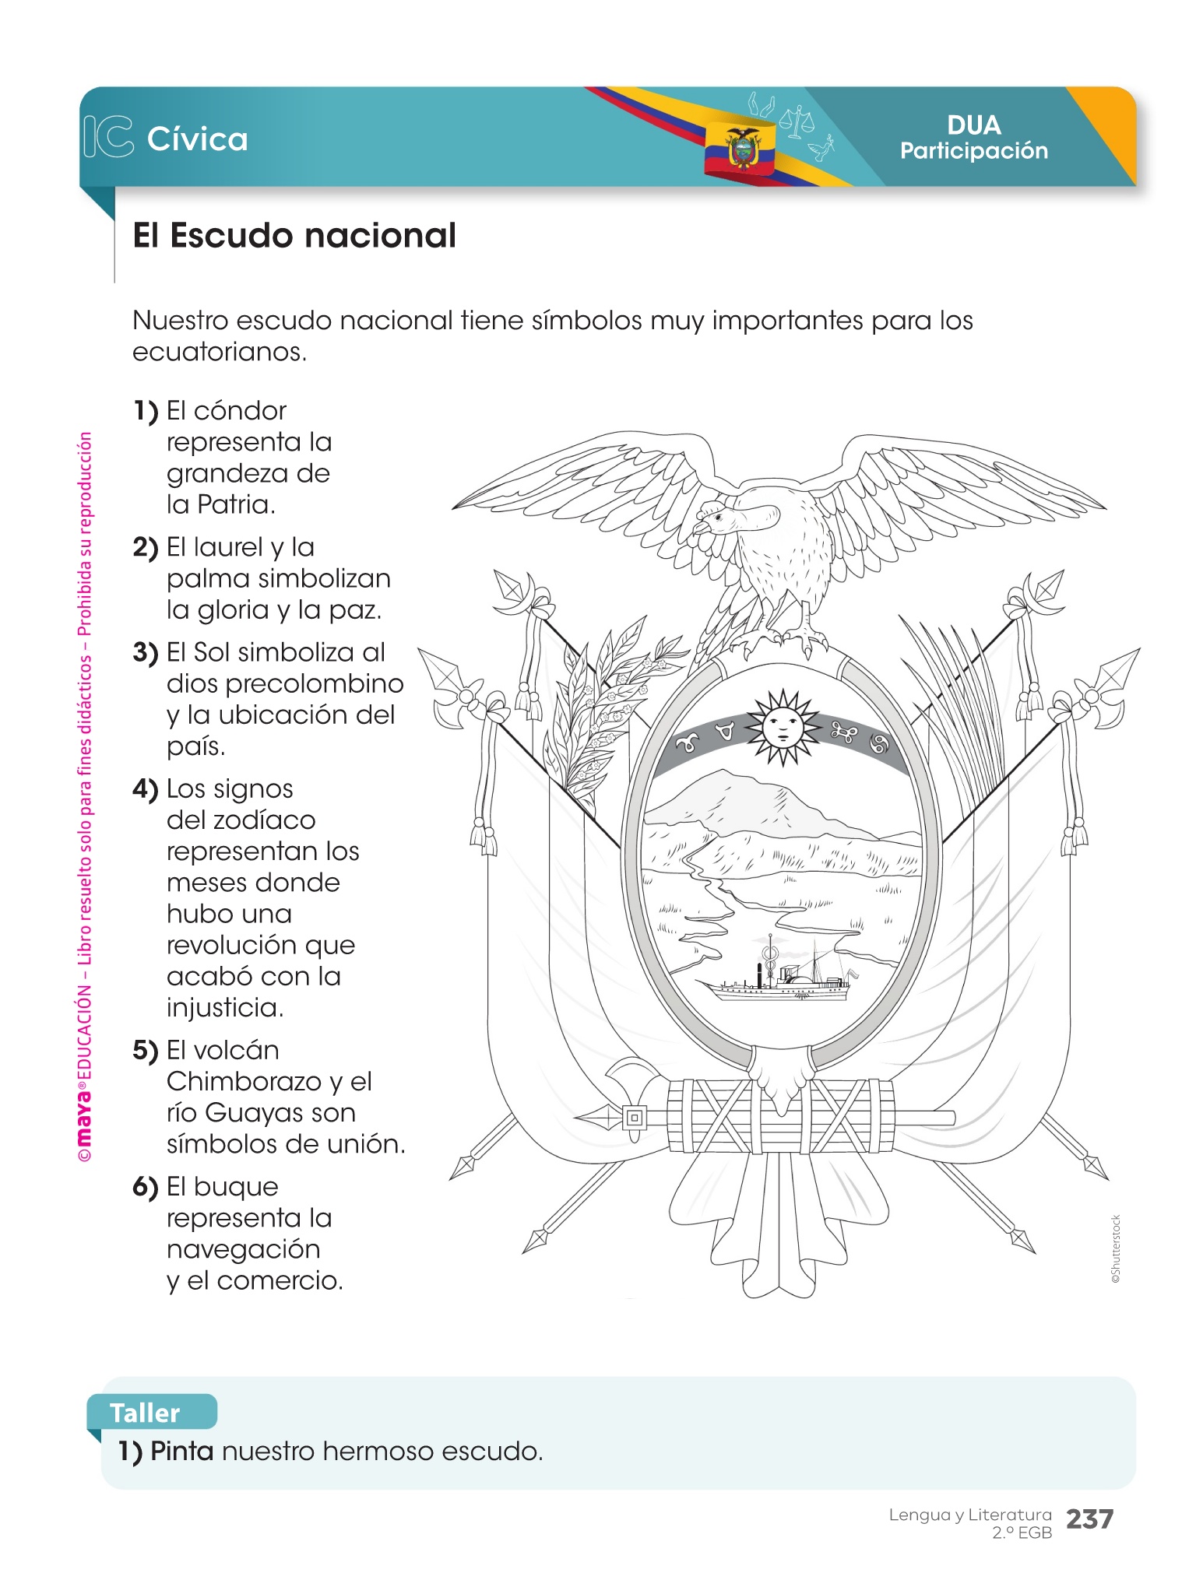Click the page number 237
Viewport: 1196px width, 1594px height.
tap(1089, 1519)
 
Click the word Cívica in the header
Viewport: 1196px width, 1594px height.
tap(197, 139)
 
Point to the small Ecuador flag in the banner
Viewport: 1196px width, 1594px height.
tap(740, 148)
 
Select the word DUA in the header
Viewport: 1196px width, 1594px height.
tap(974, 125)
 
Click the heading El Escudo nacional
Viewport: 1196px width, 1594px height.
tap(294, 235)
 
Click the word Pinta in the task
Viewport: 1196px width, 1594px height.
tap(181, 1451)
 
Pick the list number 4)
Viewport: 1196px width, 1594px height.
tap(146, 789)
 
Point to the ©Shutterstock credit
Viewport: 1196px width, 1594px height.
tap(1115, 1248)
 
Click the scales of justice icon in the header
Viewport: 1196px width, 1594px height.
tap(796, 122)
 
